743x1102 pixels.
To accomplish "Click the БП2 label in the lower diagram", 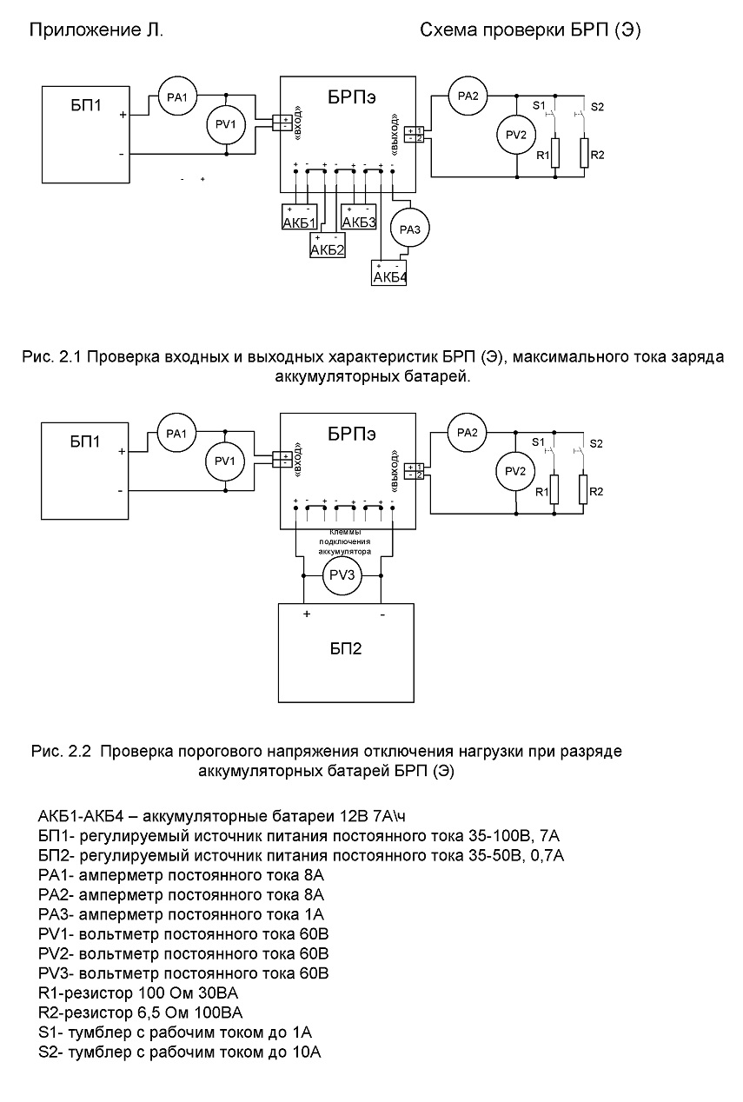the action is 345,648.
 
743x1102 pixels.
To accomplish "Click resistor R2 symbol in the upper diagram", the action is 584,153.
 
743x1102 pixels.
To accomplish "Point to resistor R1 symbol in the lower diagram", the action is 554,489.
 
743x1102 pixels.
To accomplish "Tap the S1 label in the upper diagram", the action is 539,105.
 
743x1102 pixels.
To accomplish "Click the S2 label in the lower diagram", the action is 596,444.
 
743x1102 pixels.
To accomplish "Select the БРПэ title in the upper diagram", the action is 352,97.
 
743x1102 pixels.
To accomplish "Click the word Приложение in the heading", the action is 80,30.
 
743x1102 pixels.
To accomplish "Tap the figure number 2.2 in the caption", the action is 79,751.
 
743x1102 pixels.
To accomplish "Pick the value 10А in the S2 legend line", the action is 307,1052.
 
